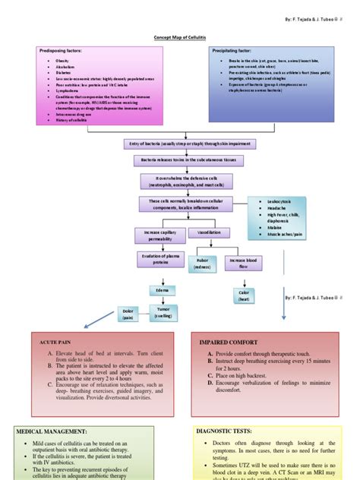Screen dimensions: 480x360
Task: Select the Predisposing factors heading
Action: point(62,50)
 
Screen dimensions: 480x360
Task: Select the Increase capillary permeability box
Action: point(155,234)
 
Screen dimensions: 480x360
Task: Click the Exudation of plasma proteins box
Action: point(155,261)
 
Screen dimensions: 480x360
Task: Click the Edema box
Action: point(162,290)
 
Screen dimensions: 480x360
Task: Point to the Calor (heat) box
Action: point(244,295)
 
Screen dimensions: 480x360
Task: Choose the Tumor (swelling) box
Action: point(163,312)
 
